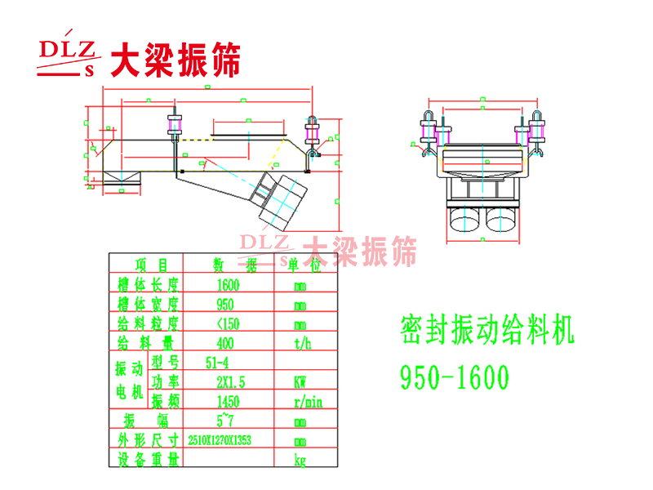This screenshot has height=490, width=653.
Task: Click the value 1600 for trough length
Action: pyautogui.click(x=229, y=286)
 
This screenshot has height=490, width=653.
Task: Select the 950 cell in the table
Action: pyautogui.click(x=225, y=305)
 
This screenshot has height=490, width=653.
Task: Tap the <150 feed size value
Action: pyautogui.click(x=229, y=324)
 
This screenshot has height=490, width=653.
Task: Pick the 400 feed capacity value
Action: pyautogui.click(x=226, y=344)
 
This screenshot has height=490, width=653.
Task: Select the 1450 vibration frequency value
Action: pyautogui.click(x=229, y=401)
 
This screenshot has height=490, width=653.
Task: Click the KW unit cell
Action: pyautogui.click(x=300, y=381)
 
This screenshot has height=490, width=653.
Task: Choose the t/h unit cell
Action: pyautogui.click(x=302, y=344)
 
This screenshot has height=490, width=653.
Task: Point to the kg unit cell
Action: pyautogui.click(x=300, y=461)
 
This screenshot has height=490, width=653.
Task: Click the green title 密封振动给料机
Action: pyautogui.click(x=488, y=331)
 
